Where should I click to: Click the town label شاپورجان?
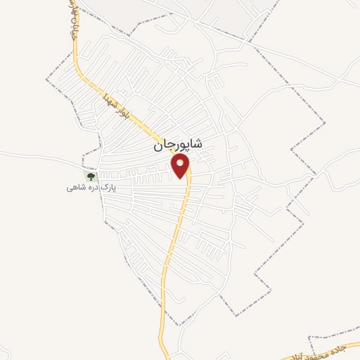tap(177, 145)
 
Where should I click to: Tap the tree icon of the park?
tap(89, 176)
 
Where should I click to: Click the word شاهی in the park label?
tap(75, 188)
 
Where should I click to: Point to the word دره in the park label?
tap(90, 188)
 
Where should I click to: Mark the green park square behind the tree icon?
tap(89, 176)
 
